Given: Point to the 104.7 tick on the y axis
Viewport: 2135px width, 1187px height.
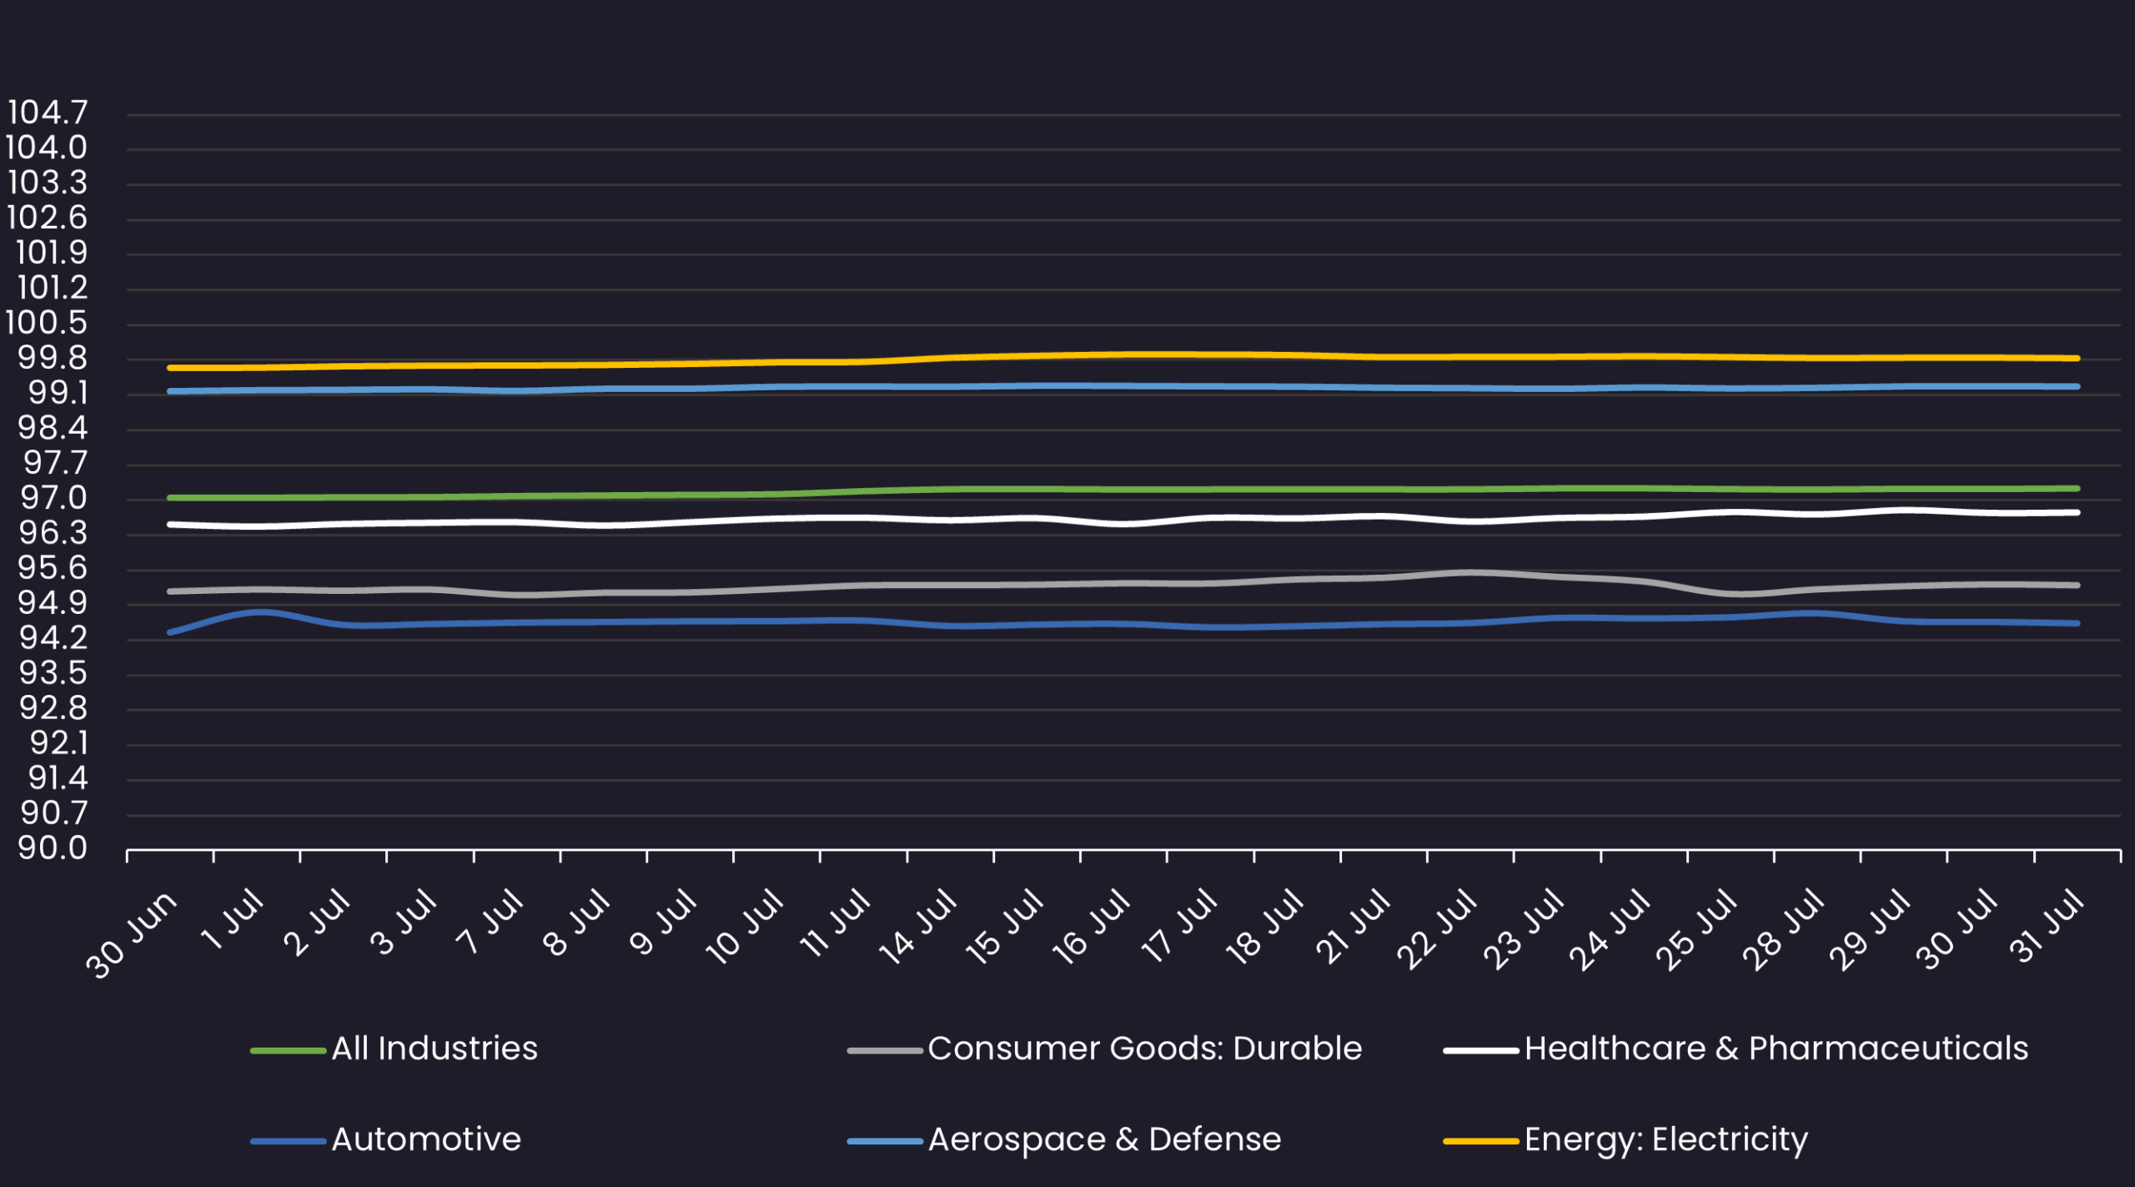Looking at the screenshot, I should coord(47,113).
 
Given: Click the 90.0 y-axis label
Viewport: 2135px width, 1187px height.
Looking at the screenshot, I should coord(52,848).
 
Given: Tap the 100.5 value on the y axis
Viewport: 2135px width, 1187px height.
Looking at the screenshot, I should coord(47,323).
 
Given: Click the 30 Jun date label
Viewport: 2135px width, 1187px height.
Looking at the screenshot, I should coord(132,934).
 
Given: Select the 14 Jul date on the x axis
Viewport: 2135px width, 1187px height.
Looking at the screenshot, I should coord(917,928).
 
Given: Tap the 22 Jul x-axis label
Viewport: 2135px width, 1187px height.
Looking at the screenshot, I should coord(1437,929).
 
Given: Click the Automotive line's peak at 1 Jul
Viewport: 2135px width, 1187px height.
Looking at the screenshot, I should coord(260,612).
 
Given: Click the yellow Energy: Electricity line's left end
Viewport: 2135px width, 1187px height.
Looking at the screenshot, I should coord(170,368).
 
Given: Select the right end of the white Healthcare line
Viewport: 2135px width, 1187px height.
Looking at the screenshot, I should coord(2077,513).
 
